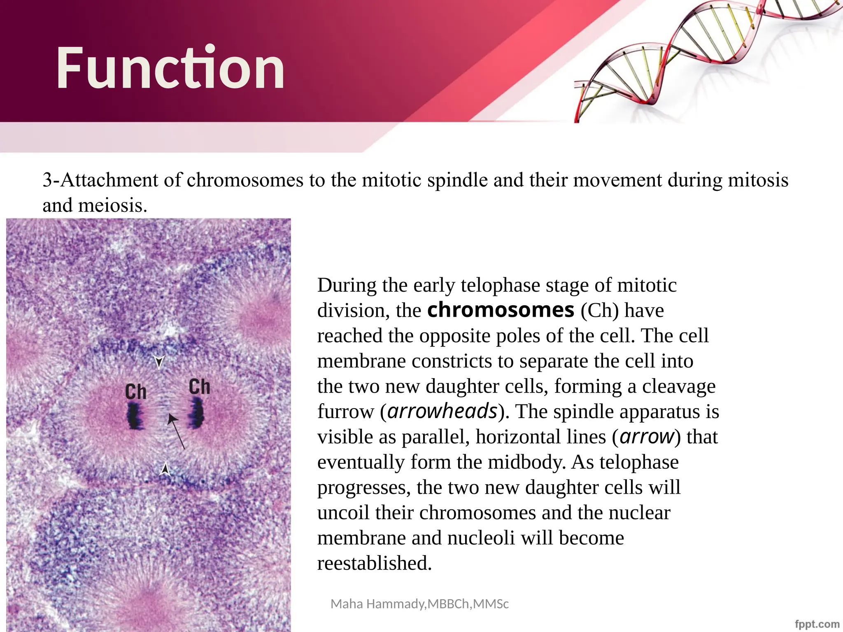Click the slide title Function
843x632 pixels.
coord(170,68)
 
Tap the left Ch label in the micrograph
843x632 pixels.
coord(135,392)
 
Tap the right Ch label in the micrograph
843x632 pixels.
coord(199,387)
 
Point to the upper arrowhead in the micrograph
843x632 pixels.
coord(159,362)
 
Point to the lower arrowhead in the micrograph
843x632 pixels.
coord(165,469)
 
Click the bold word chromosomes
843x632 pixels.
coord(501,310)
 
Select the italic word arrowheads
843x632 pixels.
coord(442,411)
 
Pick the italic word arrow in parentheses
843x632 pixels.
coord(647,437)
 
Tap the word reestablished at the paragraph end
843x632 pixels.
coord(374,563)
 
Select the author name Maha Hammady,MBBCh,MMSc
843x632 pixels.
coord(419,604)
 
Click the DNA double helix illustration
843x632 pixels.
coord(708,58)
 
